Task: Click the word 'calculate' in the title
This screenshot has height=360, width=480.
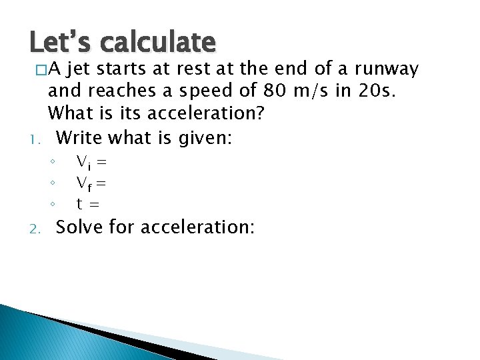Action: tap(157, 43)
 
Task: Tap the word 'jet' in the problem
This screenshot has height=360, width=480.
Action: tap(79, 69)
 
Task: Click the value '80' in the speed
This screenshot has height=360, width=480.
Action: tap(275, 90)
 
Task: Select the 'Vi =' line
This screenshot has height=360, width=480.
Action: tap(92, 161)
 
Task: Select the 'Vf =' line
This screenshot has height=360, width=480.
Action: tap(92, 182)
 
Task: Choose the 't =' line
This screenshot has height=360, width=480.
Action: tap(87, 203)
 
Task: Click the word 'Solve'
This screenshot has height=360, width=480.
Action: tap(79, 227)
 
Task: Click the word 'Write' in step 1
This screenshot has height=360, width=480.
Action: tap(79, 139)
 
